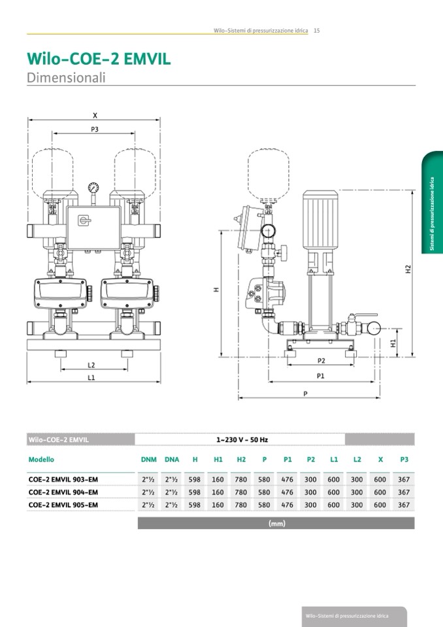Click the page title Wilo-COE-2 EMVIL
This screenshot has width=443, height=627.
coord(99,59)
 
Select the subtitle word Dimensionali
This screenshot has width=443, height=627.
coord(66,77)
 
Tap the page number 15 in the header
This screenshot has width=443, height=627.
coord(316,30)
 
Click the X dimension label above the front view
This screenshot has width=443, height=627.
coord(95,115)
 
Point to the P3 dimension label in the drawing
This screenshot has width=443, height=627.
coord(95,129)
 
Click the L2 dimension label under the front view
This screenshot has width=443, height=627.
coord(91,365)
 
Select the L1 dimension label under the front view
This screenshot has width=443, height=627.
coord(91,377)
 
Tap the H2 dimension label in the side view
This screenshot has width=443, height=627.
coord(408,269)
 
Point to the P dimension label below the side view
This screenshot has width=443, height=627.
coord(306,393)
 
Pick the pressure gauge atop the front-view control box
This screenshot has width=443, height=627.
coord(95,187)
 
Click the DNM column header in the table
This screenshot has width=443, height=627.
coord(148,460)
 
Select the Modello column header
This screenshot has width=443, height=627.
coord(41,460)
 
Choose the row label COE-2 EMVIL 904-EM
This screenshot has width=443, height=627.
coord(63,492)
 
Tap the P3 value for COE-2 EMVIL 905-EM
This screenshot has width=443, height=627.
coord(404,505)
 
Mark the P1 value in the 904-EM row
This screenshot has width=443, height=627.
coord(287,492)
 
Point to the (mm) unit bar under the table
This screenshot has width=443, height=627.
coord(276,523)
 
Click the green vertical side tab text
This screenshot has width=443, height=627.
coord(432,213)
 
